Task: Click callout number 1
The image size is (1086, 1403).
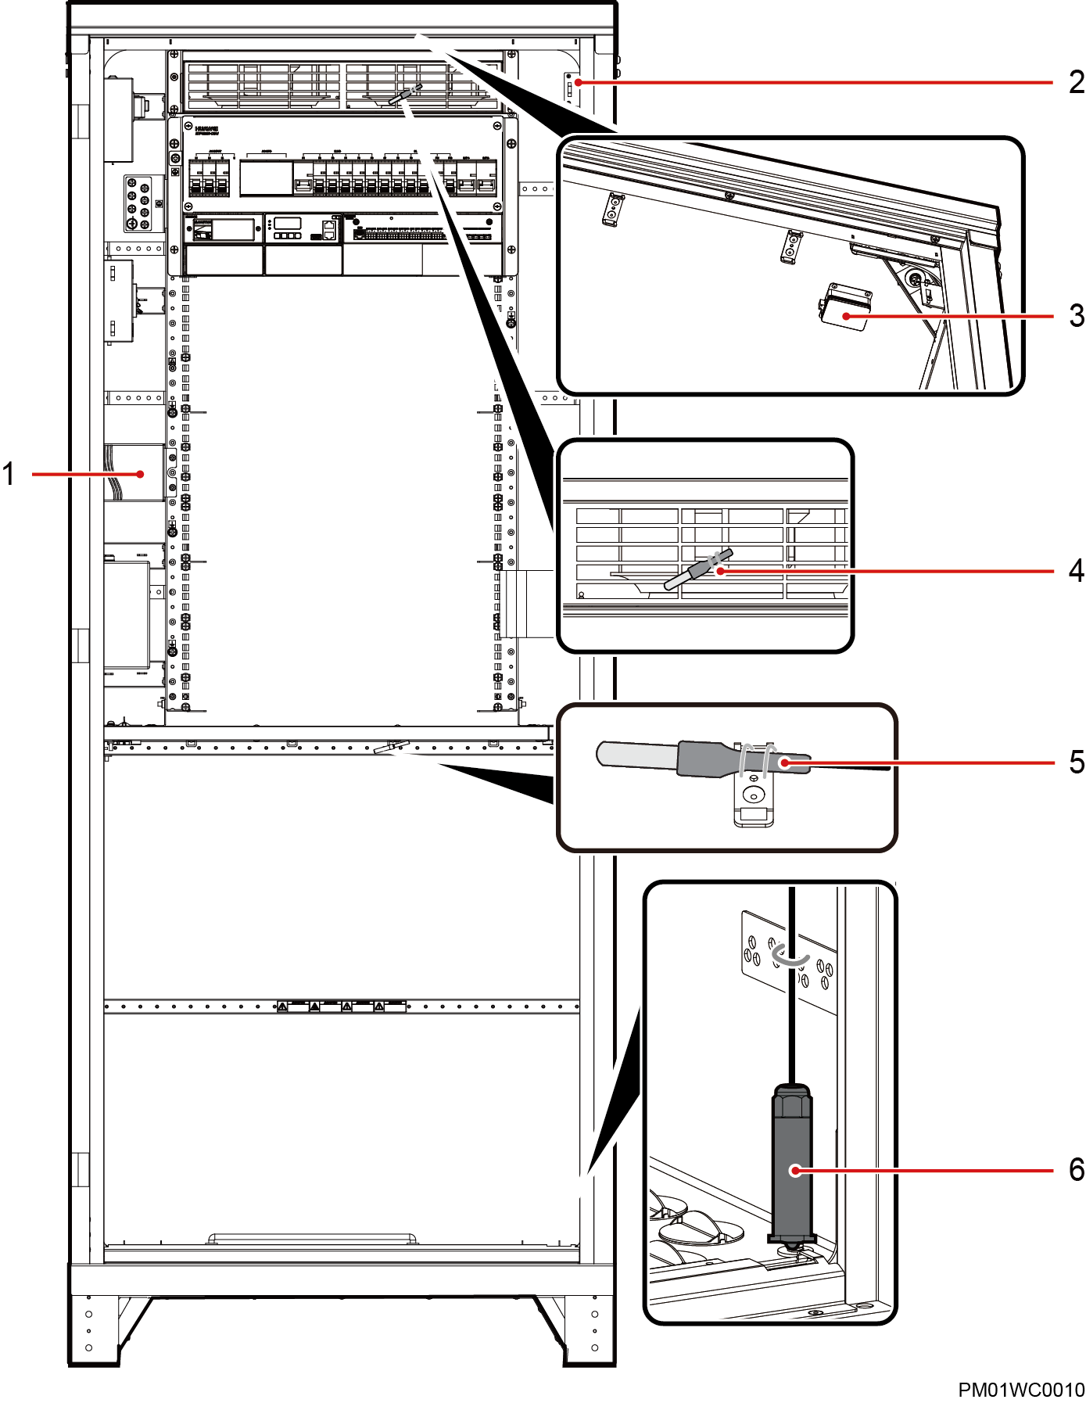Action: tap(9, 474)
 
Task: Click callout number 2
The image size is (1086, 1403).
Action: tap(1076, 82)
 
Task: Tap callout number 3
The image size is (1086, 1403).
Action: tap(1076, 316)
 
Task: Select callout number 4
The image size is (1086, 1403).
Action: tap(1076, 571)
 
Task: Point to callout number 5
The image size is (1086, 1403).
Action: tap(1076, 762)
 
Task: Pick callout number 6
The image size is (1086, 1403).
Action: tap(1076, 1170)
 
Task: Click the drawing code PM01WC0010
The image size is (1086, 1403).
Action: tap(1020, 1390)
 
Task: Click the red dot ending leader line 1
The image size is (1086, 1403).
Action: tap(141, 474)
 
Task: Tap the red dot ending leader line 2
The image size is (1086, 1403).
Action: tap(578, 82)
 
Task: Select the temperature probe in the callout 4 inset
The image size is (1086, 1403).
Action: tap(697, 569)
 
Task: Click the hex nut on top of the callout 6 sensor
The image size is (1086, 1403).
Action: tap(792, 1103)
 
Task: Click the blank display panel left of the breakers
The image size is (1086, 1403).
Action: tap(266, 178)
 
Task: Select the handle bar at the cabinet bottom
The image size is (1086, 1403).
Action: tap(313, 1238)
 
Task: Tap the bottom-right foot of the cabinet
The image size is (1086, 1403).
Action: tap(590, 1329)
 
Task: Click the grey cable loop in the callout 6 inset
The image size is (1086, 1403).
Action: tap(790, 956)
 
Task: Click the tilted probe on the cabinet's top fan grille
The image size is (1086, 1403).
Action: tap(405, 95)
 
